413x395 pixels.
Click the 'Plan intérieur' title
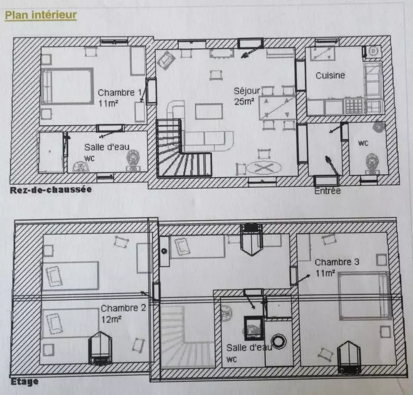[x=41, y=15]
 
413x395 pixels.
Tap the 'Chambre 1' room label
[x=120, y=93]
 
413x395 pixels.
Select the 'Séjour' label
[x=247, y=91]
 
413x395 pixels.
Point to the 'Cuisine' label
[x=330, y=76]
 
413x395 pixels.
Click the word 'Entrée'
[x=328, y=191]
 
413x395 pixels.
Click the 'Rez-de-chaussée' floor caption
[x=51, y=190]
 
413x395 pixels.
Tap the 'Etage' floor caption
[x=25, y=382]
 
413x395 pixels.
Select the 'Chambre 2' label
[x=124, y=308]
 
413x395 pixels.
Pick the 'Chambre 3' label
[x=337, y=262]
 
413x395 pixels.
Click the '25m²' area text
[x=244, y=102]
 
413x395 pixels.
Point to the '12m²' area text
[x=111, y=319]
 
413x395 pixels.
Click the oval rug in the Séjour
[x=264, y=167]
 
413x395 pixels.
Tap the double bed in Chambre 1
[x=67, y=86]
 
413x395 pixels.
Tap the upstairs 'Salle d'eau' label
[x=249, y=348]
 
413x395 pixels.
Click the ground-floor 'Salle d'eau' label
[x=107, y=147]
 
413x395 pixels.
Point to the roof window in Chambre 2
[x=100, y=349]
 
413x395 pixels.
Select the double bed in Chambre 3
[x=364, y=296]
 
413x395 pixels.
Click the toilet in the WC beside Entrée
[x=372, y=163]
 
